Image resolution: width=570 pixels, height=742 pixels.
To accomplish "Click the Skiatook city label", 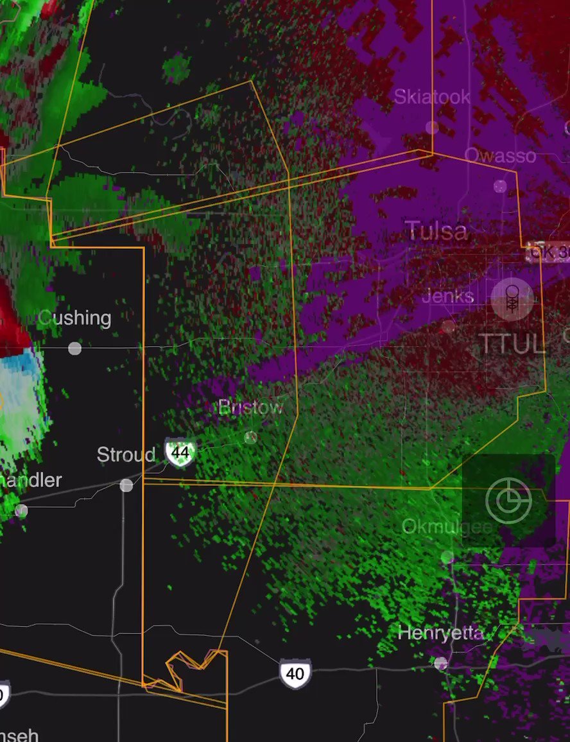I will (431, 97).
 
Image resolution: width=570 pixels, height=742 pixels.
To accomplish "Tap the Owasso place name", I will (499, 155).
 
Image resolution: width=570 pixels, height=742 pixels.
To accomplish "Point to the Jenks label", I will (448, 296).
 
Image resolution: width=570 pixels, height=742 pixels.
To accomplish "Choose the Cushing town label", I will (74, 318).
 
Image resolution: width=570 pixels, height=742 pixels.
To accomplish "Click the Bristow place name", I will (250, 408).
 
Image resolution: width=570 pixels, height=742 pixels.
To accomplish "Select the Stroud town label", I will (126, 455).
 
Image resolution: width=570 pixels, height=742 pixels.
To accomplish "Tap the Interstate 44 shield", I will (180, 452).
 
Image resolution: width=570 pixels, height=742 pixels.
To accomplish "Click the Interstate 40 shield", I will (295, 673).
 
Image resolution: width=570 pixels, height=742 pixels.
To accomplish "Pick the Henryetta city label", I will (440, 633).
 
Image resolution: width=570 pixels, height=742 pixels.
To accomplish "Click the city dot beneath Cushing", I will (75, 348).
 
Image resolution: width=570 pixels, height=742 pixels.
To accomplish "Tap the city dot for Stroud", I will (126, 485).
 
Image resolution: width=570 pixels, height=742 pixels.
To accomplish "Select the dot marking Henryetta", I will (440, 663).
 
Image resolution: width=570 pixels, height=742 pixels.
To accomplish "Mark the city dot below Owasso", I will (500, 186).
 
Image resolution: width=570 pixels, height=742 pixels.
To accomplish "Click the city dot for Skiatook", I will (432, 127).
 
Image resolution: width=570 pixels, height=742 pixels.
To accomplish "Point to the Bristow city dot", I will (250, 438).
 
